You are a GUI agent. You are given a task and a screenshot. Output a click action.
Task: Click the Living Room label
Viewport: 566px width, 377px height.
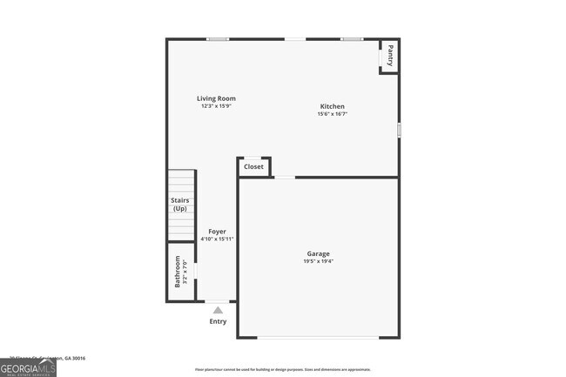pos(216,98)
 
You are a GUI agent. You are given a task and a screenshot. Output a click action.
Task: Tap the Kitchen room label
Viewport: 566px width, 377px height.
pos(332,106)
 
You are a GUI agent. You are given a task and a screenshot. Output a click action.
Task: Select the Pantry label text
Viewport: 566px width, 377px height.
pos(390,55)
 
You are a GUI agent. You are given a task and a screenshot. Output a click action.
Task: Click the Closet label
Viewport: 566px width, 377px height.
pos(253,166)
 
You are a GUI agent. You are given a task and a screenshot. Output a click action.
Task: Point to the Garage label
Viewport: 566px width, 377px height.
pos(318,253)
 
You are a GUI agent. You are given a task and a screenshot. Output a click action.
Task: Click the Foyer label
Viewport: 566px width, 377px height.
pos(217,232)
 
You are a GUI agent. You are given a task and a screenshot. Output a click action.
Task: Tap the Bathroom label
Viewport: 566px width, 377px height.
pos(178,271)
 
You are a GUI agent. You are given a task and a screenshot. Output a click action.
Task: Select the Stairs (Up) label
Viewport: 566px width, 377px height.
pos(179,205)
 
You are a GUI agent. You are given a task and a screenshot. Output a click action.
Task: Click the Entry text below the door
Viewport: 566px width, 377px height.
pos(218,321)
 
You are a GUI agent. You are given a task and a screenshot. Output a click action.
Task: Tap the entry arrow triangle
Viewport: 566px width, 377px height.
pos(218,309)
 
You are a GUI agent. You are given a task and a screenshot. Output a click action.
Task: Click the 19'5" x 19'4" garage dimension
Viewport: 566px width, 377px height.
pos(318,261)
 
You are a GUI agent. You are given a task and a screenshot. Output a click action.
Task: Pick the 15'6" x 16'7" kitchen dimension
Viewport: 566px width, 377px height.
pos(332,114)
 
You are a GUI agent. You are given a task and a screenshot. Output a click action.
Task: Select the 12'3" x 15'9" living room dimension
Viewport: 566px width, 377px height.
pos(216,106)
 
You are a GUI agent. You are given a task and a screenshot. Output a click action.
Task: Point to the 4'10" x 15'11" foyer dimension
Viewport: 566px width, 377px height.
pos(217,239)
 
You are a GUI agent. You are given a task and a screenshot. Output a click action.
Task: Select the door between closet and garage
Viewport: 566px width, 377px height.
pos(285,178)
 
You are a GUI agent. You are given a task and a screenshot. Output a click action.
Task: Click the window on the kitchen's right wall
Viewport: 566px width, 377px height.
pos(399,130)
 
